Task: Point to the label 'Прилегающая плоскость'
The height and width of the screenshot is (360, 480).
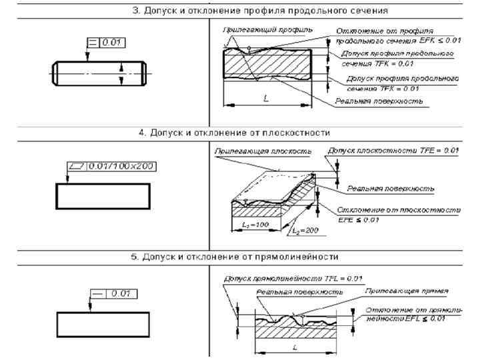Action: tap(263, 151)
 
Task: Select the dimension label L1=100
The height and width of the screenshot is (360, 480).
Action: tap(252, 225)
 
